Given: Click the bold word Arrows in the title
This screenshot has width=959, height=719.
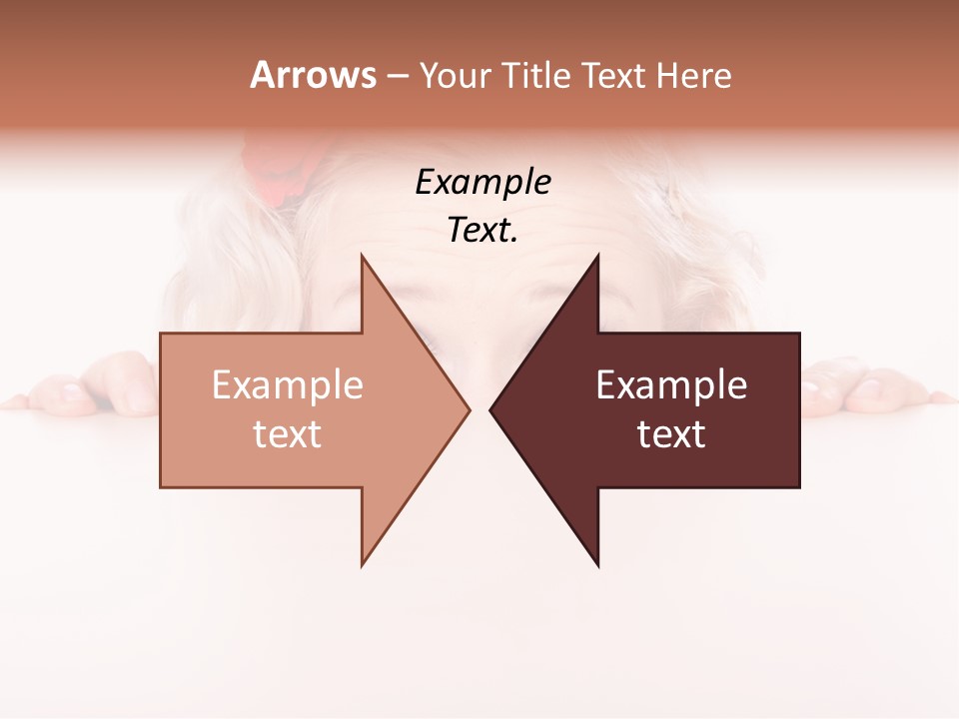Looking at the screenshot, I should pyautogui.click(x=313, y=75).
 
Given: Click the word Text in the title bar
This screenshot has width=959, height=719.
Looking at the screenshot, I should pyautogui.click(x=615, y=76).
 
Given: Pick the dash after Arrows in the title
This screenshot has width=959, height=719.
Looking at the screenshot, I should pyautogui.click(x=397, y=77).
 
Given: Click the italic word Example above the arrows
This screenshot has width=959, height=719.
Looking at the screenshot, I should pyautogui.click(x=482, y=182).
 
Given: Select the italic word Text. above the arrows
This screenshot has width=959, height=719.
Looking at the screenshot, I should pyautogui.click(x=482, y=231).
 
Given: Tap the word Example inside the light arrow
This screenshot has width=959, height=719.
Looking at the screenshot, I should pyautogui.click(x=288, y=385).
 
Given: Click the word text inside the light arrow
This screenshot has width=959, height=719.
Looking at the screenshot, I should pyautogui.click(x=288, y=434).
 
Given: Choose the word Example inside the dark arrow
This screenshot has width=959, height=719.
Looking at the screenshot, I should pyautogui.click(x=671, y=385).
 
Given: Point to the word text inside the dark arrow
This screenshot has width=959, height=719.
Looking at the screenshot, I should pyautogui.click(x=671, y=434).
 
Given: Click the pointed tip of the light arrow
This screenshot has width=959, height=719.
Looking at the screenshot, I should pyautogui.click(x=469, y=409).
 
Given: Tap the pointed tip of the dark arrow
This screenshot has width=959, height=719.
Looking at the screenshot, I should pyautogui.click(x=490, y=409).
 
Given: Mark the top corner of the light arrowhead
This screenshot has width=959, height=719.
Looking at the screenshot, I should pyautogui.click(x=362, y=256).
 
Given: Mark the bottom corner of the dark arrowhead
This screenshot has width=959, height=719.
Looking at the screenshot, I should pyautogui.click(x=597, y=565).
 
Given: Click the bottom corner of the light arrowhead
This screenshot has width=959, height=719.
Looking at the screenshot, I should pyautogui.click(x=362, y=565).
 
